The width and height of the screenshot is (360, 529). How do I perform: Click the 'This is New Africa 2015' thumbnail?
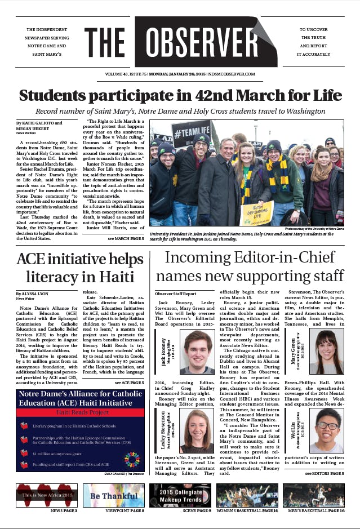[x=47, y=495]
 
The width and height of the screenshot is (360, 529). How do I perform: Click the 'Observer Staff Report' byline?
[x=175, y=294]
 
